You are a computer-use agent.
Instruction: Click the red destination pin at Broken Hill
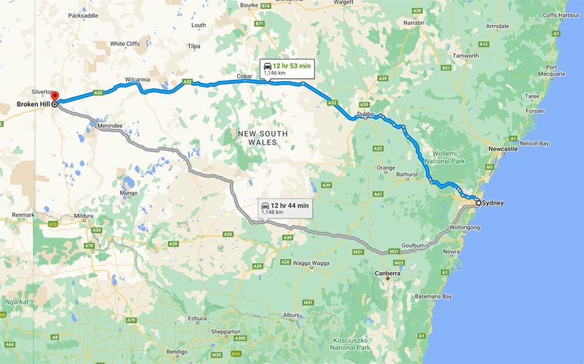[x=55, y=96]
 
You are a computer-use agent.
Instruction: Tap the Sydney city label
[x=493, y=203]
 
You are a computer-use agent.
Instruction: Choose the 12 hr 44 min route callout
[x=284, y=208]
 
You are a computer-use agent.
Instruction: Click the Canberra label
[x=388, y=273]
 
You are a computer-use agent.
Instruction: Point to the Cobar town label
[x=244, y=76]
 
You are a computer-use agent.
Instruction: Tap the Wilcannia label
[x=138, y=79]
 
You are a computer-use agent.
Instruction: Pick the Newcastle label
[x=503, y=149]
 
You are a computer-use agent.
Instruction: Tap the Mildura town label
[x=83, y=216]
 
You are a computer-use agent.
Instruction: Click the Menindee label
[x=110, y=125]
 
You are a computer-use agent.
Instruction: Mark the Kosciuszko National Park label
[x=350, y=344]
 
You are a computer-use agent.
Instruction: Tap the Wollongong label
[x=465, y=227]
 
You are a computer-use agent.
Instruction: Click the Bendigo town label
[x=176, y=352]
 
